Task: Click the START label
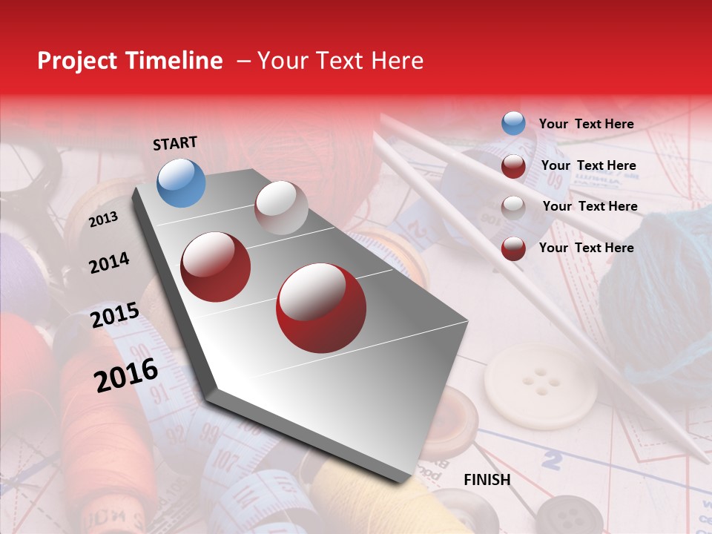pos(175,143)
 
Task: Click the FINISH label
pos(487,480)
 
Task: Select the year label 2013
pos(103,220)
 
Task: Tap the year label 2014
pos(109,263)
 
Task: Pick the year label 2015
pos(115,315)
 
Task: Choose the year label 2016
pos(126,375)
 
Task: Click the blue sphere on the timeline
pos(181,182)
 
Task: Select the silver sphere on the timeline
pos(281,208)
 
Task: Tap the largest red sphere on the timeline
pos(320,308)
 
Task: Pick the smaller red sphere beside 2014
pos(216,267)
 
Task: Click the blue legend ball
pos(513,124)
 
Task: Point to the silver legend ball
pos(513,207)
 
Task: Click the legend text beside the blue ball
pos(586,124)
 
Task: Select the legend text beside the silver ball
pos(590,206)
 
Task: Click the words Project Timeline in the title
pos(130,61)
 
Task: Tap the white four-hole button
pos(540,385)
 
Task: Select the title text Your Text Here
pos(340,61)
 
